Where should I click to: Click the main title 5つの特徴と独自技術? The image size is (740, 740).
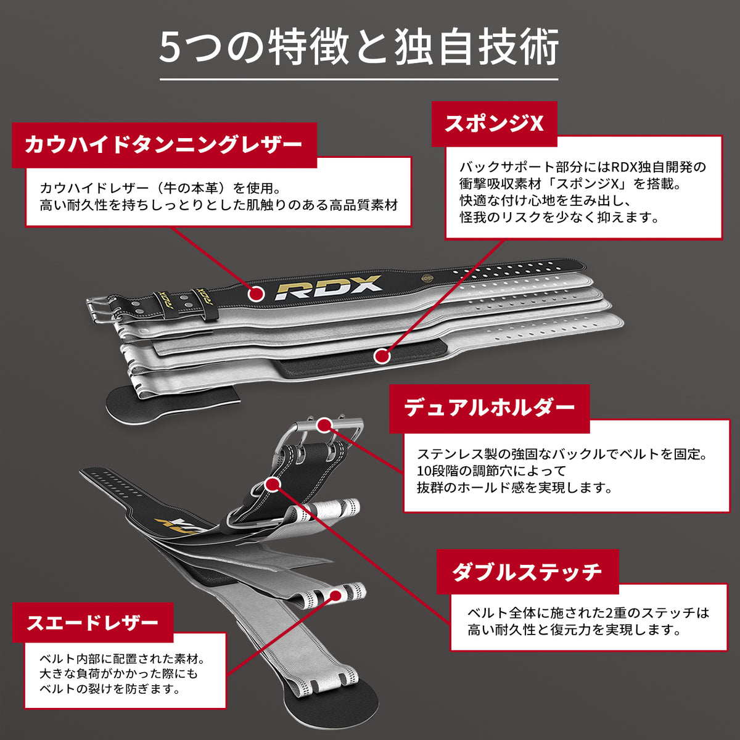coord(359,47)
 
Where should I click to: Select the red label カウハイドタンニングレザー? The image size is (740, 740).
coord(164,145)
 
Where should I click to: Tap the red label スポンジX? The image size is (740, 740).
coord(494,124)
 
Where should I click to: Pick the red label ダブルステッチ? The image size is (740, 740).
coord(527,572)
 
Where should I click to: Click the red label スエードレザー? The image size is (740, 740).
coord(92,622)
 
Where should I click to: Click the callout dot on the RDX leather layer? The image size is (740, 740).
coord(257,294)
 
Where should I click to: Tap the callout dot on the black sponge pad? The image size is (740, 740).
coord(382,356)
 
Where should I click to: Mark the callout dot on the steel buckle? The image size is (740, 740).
coord(324,424)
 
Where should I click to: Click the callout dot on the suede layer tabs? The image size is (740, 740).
coord(336,595)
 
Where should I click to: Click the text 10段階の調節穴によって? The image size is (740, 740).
coord(491,471)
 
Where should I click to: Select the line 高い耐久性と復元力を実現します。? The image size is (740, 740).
coord(574,630)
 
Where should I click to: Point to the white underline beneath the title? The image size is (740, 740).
coord(359,80)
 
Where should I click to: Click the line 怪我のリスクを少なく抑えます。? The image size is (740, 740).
coord(560,217)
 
